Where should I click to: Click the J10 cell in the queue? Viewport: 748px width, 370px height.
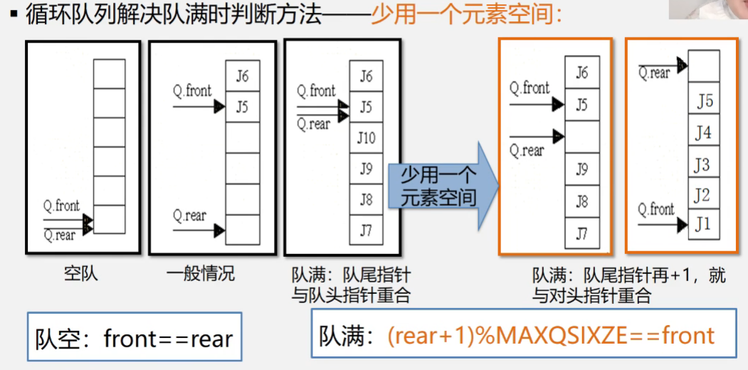366,137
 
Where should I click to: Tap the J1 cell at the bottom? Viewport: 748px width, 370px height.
703,224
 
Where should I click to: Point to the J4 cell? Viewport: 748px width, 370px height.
703,133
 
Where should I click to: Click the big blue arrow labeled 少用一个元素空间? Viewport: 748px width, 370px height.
441,186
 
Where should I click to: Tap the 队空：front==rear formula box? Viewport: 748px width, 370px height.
135,338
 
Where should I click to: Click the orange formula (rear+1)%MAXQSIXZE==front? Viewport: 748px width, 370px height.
550,335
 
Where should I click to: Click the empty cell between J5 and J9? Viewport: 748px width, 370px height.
581,137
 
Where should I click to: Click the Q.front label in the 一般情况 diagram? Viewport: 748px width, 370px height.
192,91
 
